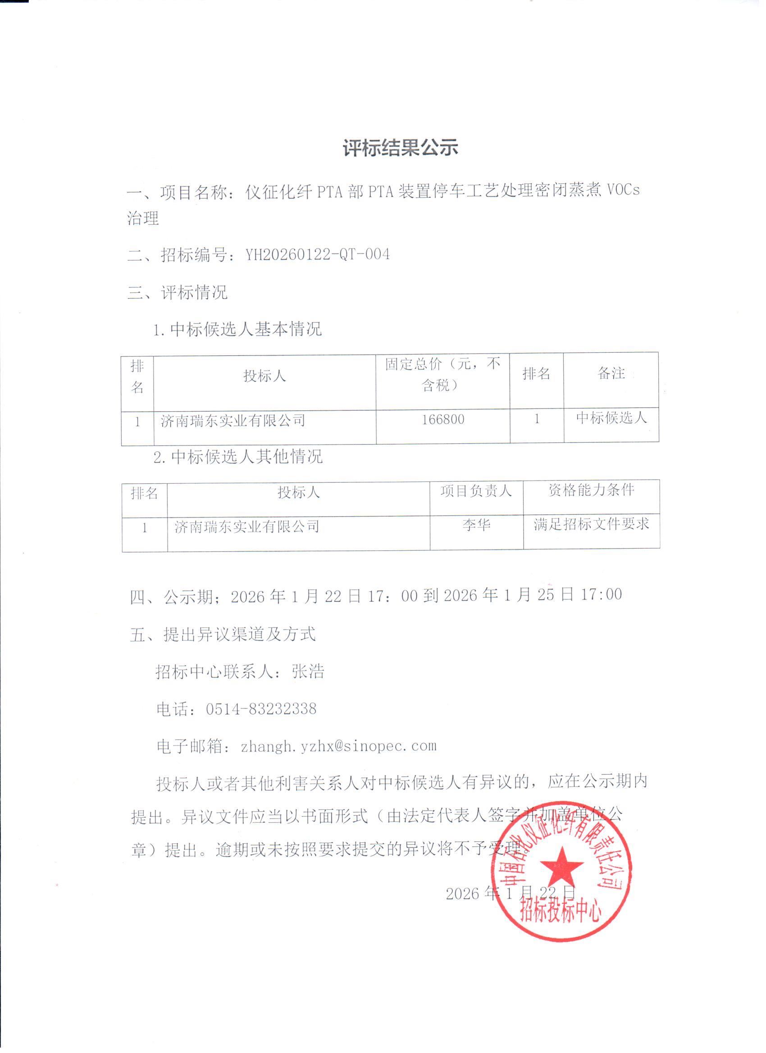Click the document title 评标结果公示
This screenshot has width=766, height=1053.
pos(401,148)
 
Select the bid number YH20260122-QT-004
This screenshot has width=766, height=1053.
pos(317,254)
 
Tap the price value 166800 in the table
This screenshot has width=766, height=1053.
pos(442,420)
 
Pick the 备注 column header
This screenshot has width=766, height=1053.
pos(611,373)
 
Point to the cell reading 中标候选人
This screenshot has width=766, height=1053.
pos(611,418)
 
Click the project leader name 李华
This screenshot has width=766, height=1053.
pos(476,525)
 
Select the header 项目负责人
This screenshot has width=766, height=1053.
pos(476,491)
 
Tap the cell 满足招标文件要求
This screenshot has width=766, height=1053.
pos(591,524)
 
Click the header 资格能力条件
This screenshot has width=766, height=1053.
pos(591,490)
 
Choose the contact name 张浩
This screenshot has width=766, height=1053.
pos(308,672)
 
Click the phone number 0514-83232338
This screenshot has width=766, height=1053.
pos(261,709)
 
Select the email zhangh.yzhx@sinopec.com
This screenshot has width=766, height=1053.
pos(339,746)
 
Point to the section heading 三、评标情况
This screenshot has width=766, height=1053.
pos(178,292)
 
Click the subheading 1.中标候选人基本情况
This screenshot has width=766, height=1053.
pos(237,329)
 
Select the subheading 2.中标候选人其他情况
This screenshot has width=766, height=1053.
pos(238,457)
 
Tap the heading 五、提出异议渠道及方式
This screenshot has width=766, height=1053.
pos(223,634)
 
